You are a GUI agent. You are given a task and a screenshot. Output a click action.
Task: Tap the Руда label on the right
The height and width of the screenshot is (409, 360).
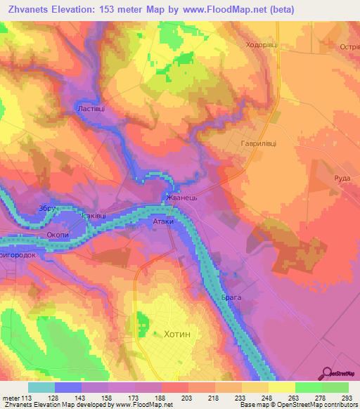pos(342,178)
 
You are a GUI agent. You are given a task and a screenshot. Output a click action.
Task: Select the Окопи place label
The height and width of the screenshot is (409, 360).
pos(56,237)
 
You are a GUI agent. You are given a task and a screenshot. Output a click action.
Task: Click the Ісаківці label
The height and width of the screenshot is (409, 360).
pos(94,216)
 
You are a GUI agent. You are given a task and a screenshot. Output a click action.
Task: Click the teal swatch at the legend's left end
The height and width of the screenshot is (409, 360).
pos(41,387)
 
